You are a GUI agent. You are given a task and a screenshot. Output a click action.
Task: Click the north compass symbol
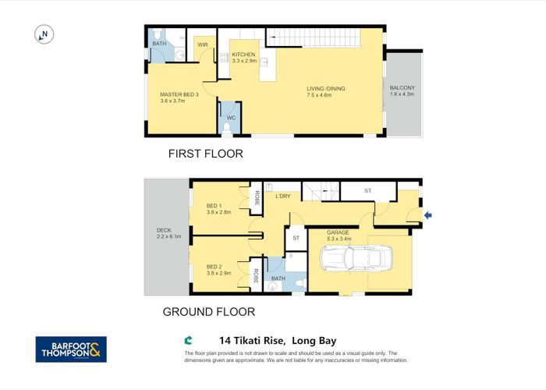tap(43, 34)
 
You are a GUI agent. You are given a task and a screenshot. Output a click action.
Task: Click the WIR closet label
tap(200, 44)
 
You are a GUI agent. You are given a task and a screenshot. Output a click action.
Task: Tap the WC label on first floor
tap(230, 119)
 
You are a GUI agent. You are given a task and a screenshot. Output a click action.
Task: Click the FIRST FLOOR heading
tap(205, 154)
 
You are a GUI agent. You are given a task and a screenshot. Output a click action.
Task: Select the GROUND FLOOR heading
tap(208, 312)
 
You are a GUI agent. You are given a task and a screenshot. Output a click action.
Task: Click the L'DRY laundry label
tap(282, 196)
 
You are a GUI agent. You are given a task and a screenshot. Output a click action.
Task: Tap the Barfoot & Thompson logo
tap(71, 349)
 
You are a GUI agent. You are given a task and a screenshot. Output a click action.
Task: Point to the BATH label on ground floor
tap(278, 278)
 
